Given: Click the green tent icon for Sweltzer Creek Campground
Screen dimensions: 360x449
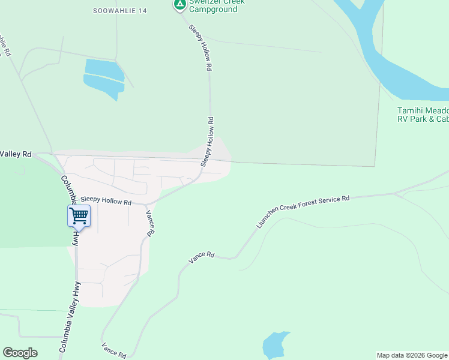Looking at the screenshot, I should [179, 5].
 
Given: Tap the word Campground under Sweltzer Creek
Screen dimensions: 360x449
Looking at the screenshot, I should [213, 10].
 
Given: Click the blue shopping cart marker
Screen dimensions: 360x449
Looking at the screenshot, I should [79, 217].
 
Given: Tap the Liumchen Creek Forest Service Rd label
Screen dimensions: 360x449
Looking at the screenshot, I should [303, 211].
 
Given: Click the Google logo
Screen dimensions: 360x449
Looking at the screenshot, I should [20, 353].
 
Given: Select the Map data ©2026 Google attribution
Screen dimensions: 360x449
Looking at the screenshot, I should [412, 355].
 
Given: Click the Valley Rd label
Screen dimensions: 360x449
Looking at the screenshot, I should [16, 154].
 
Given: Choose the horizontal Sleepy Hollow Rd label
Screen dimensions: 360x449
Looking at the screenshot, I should [106, 202].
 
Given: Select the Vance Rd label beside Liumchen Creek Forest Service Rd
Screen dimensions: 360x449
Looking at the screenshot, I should [202, 257].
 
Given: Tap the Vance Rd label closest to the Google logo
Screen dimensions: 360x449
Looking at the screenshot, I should [113, 350].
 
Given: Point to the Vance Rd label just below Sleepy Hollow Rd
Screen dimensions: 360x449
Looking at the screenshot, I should [151, 223].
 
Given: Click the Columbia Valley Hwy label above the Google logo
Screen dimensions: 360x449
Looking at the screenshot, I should [69, 317].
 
